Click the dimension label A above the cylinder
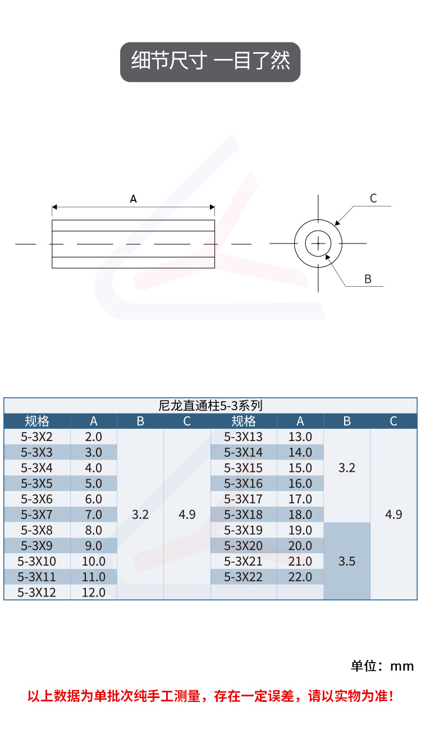[133, 199]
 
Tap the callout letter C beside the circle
[373, 198]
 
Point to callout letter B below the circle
[368, 279]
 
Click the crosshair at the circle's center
[318, 244]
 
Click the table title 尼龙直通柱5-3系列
[210, 406]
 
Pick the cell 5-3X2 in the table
[37, 437]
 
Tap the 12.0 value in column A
[94, 592]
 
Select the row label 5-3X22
[244, 577]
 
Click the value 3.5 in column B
[347, 561]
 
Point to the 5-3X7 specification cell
[37, 515]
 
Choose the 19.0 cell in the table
[300, 530]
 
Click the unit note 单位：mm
[382, 666]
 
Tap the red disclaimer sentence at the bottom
[210, 696]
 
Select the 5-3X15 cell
[244, 468]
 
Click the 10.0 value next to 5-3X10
[94, 561]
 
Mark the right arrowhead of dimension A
[212, 207]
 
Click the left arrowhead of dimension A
[54, 207]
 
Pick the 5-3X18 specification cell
[244, 515]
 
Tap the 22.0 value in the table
[300, 577]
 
